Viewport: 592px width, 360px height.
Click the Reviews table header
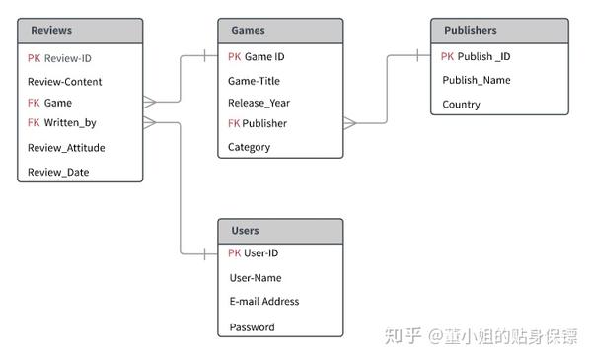coord(51,31)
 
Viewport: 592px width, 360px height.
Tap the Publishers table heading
coord(470,31)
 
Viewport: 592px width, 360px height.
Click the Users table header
coord(245,231)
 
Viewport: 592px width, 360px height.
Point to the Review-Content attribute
coord(64,82)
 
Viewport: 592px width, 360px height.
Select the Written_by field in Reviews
coord(70,123)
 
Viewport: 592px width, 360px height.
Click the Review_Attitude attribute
coord(66,148)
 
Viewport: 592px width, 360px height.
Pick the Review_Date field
coord(58,173)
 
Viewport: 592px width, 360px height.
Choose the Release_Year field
coord(259,103)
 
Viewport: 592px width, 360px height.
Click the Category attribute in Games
coord(249,147)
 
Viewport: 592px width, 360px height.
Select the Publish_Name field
coord(477,80)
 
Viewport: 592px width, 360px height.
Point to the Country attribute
coord(461,104)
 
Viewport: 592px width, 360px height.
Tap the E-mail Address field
coord(263,302)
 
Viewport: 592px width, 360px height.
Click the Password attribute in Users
coord(252,326)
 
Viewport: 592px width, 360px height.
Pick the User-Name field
coord(256,278)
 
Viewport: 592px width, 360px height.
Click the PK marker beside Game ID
coord(234,57)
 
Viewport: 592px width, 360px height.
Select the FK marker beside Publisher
coord(234,123)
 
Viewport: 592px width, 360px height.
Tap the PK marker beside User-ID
coord(234,253)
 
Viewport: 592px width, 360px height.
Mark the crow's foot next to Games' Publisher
coord(350,123)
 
